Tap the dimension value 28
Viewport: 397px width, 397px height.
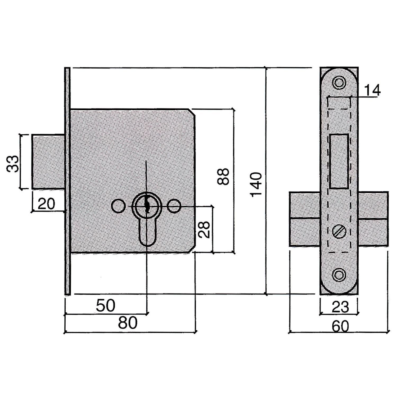[204, 229]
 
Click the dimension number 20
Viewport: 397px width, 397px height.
[46, 204]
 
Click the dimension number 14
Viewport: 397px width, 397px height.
[372, 90]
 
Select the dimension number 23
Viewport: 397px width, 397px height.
[340, 307]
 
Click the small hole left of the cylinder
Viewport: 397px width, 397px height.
[118, 206]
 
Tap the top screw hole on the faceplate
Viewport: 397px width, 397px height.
[339, 83]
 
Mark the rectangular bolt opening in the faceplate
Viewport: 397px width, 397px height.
[339, 161]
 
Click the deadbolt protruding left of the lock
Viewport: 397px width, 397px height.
[48, 162]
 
